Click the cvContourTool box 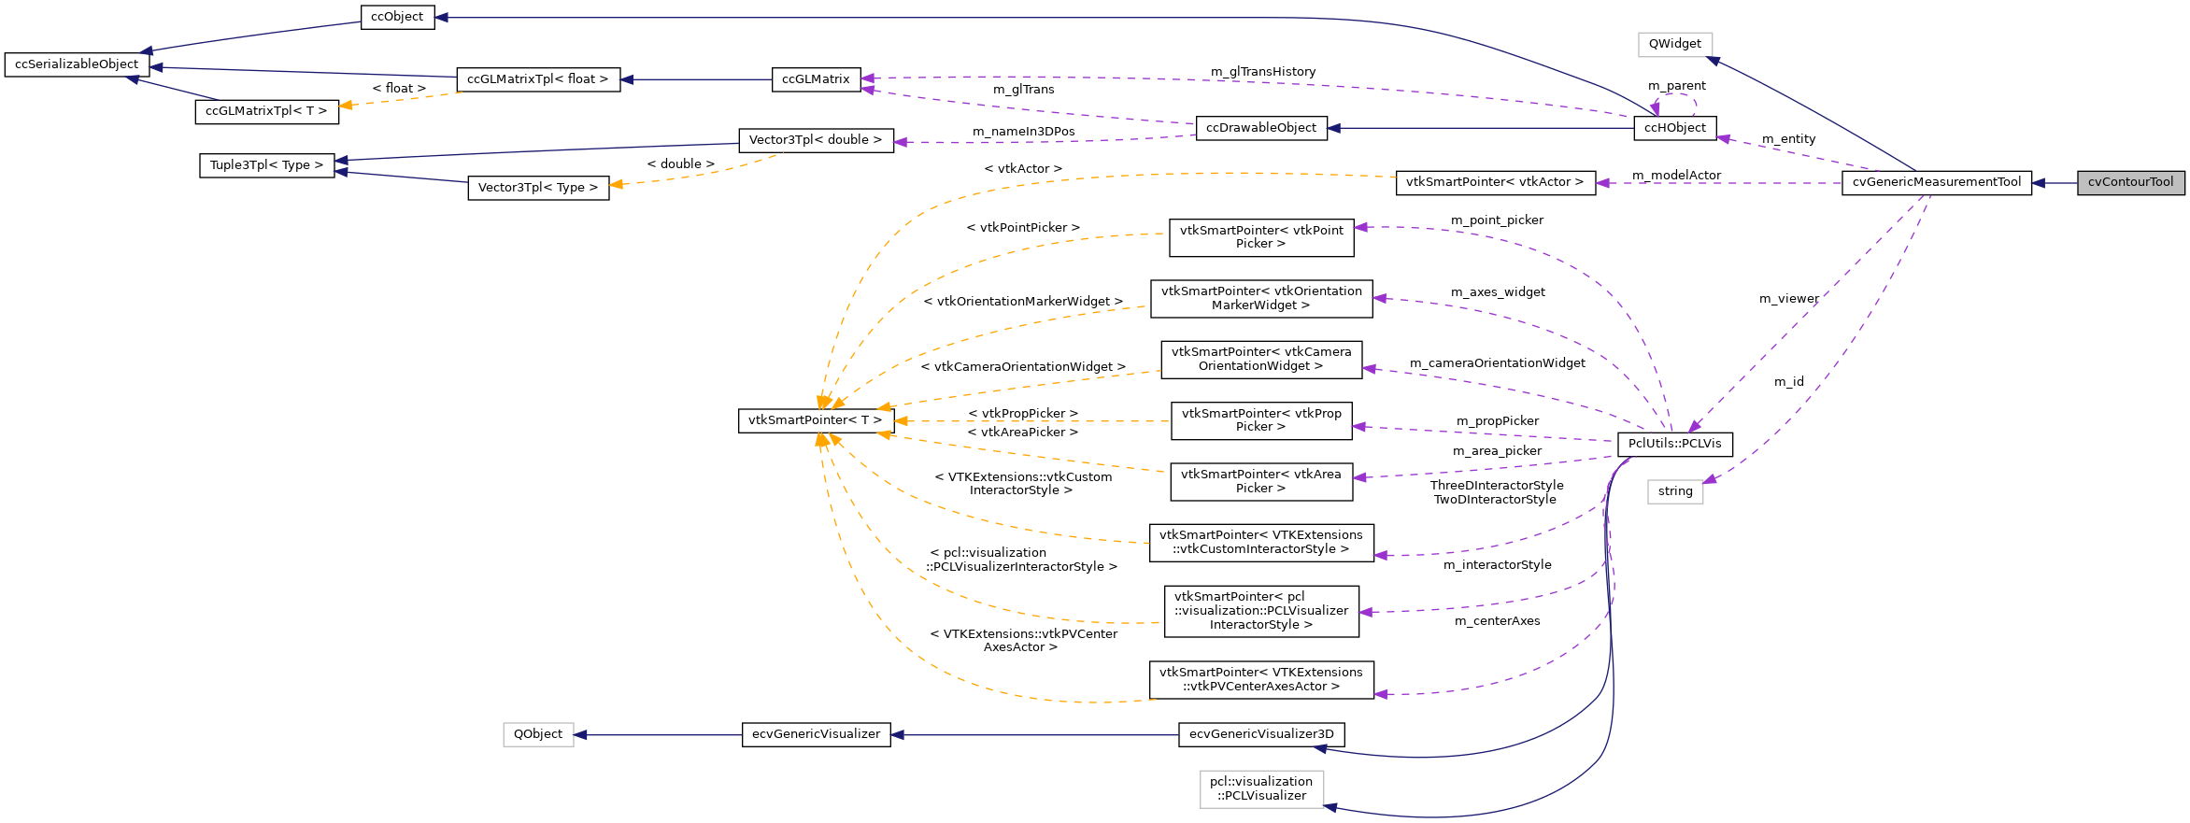pos(2130,182)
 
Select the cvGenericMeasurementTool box pos(1936,182)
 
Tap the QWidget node pos(1674,44)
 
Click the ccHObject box pos(1674,128)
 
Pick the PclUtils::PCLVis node pos(1674,444)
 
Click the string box pos(1674,491)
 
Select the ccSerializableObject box pos(77,64)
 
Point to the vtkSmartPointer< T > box pos(815,420)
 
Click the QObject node pos(538,734)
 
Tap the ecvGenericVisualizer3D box pos(1261,734)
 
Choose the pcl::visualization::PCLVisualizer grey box pos(1261,788)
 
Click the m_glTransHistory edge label pos(1262,72)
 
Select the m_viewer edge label pos(1788,299)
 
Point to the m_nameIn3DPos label pos(1023,132)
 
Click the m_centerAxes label pos(1497,621)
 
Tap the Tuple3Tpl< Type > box pos(266,165)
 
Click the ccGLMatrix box pos(815,79)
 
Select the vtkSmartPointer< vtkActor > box pos(1494,182)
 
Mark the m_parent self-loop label pos(1676,86)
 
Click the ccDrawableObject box pos(1260,128)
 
